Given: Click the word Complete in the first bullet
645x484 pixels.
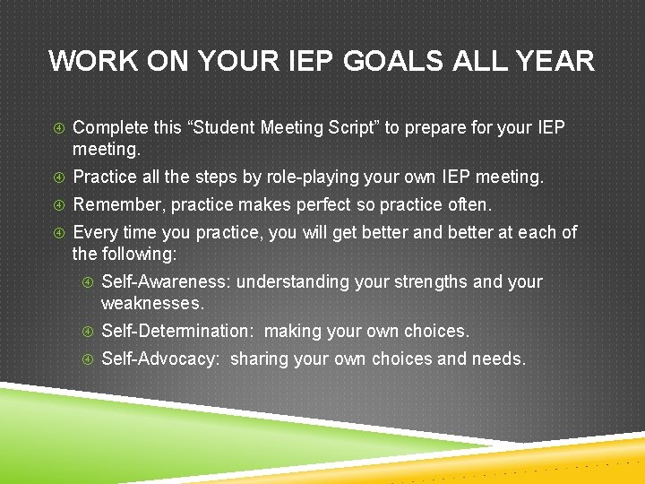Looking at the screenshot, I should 111,128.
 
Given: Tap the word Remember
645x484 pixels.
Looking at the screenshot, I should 117,204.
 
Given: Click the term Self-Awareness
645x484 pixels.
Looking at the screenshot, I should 166,281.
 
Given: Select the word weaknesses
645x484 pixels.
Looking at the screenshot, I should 152,303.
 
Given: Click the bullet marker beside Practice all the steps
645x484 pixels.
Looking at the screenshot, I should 58,177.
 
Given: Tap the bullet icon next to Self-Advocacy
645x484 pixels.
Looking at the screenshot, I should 88,359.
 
